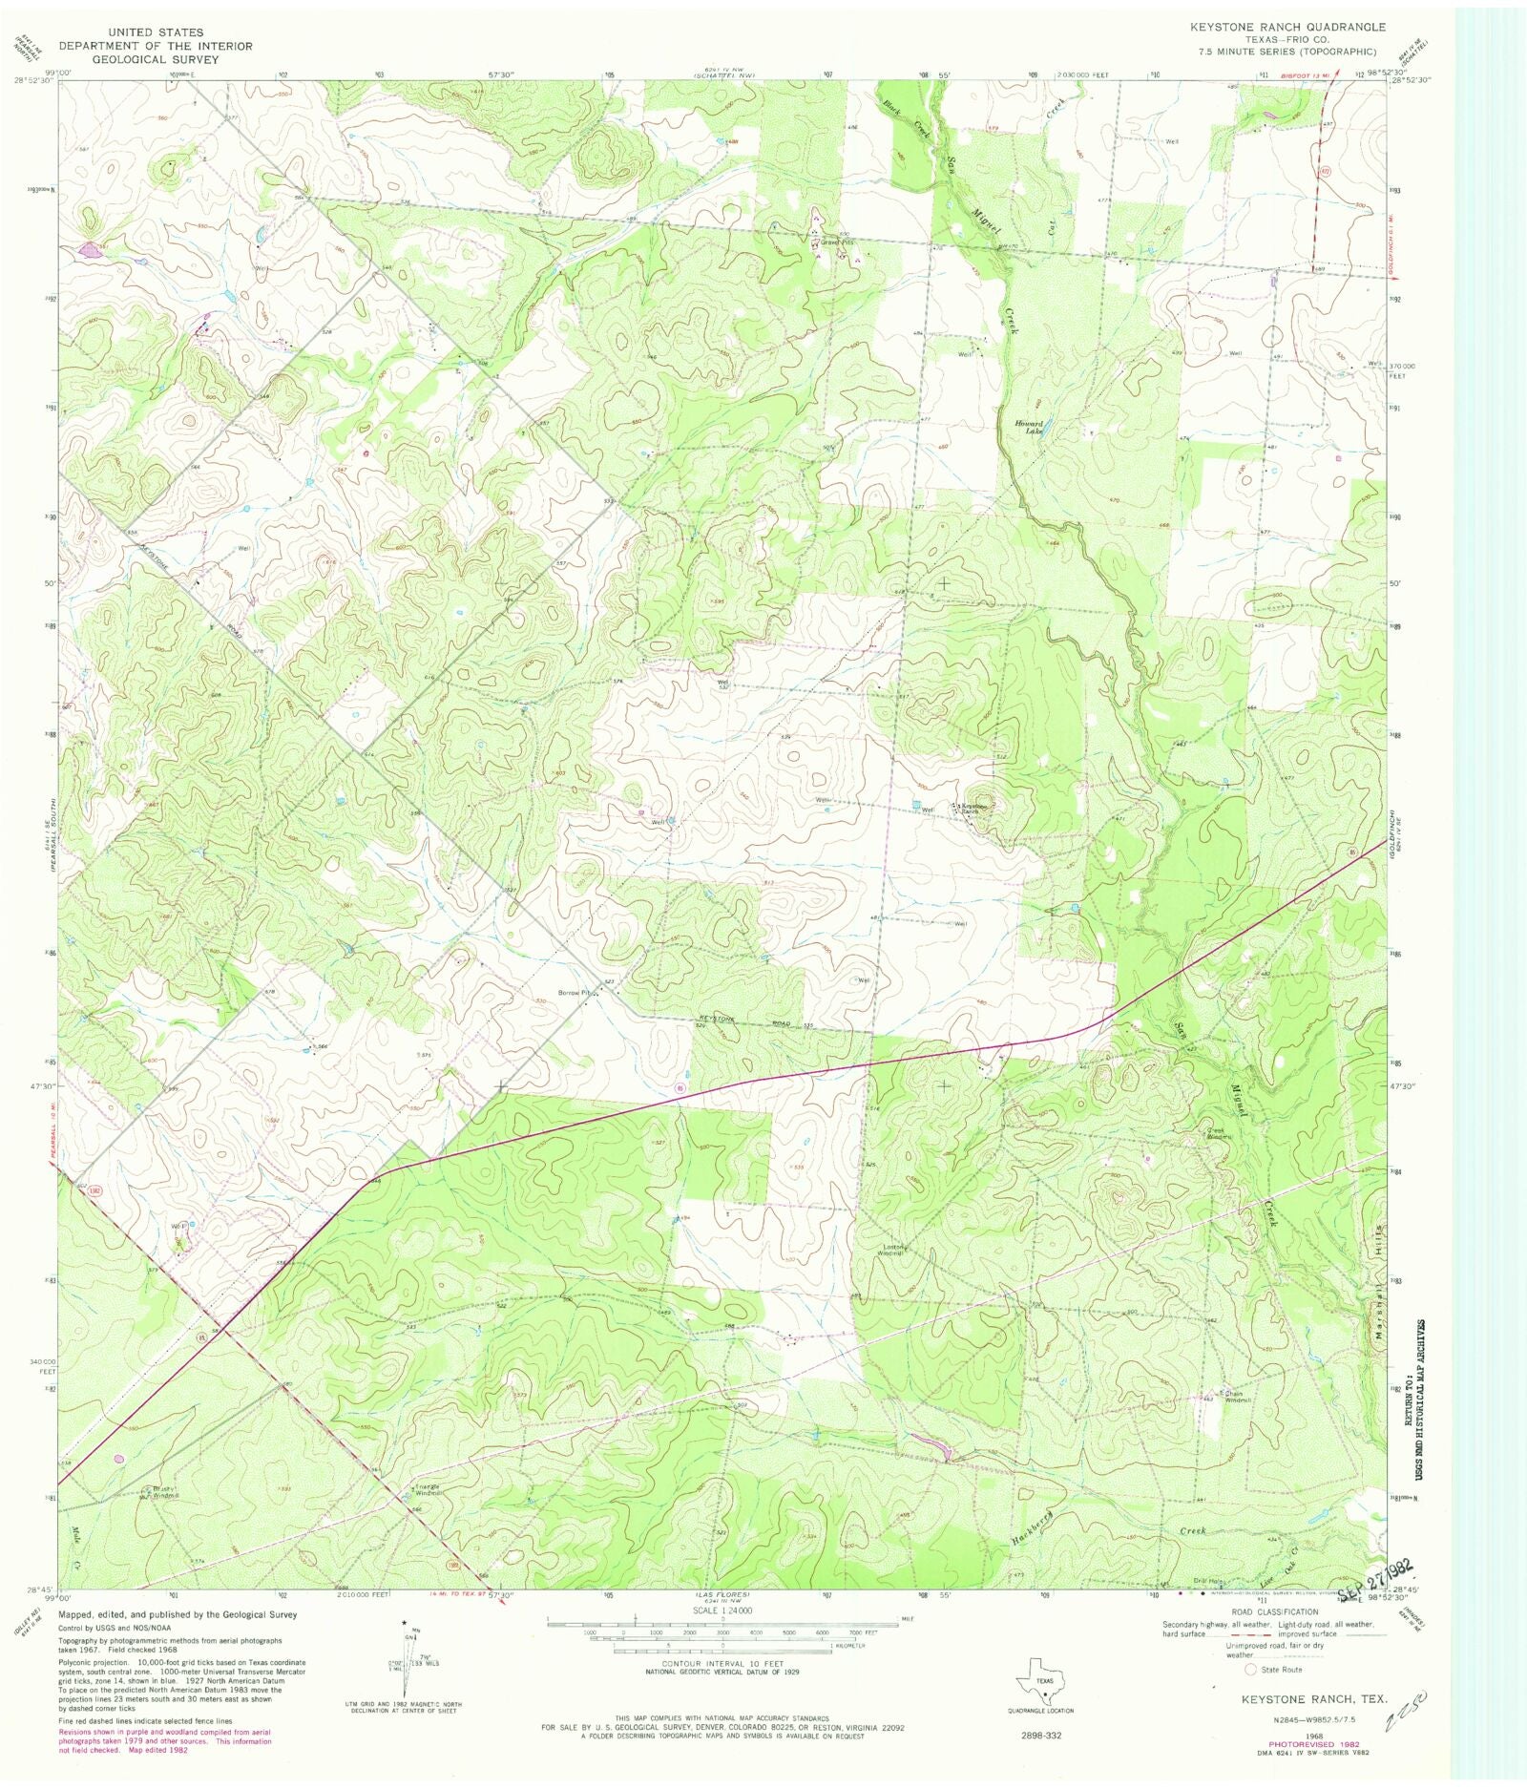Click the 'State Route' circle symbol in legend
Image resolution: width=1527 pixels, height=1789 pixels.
[x=1250, y=1670]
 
